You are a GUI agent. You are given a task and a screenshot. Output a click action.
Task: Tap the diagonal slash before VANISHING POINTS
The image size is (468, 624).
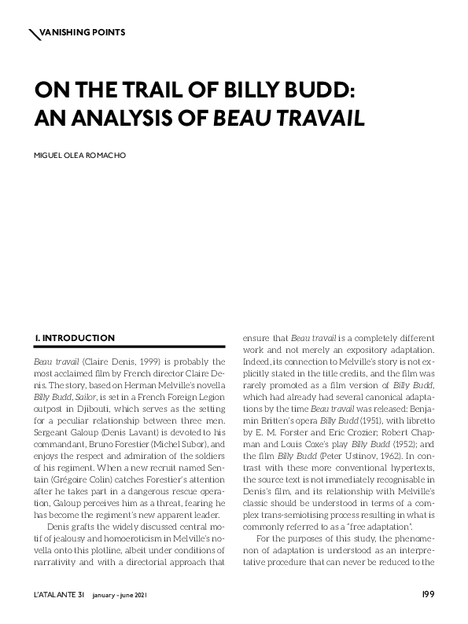pos(33,32)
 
